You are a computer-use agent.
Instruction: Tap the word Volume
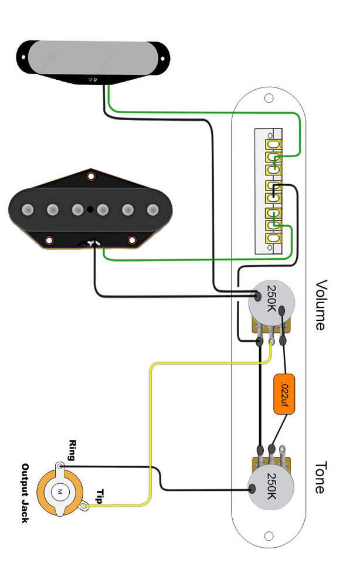click(x=321, y=305)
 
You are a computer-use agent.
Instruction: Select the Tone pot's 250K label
click(x=271, y=486)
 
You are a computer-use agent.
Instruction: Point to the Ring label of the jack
click(x=73, y=451)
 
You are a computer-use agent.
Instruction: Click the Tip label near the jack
click(x=100, y=497)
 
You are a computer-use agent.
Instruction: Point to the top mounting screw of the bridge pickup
click(x=91, y=176)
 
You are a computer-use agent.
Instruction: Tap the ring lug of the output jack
click(x=61, y=467)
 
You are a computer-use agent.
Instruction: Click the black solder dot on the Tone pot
click(x=253, y=489)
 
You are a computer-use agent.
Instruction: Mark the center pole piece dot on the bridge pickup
click(x=90, y=209)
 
